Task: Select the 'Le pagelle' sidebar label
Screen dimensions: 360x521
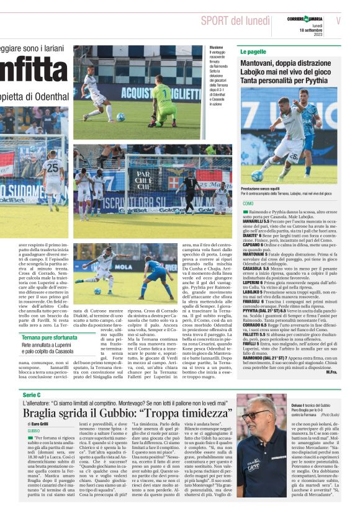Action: click(254, 52)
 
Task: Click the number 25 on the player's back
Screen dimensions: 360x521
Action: click(53, 167)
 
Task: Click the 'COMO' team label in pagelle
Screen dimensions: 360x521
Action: click(248, 204)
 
